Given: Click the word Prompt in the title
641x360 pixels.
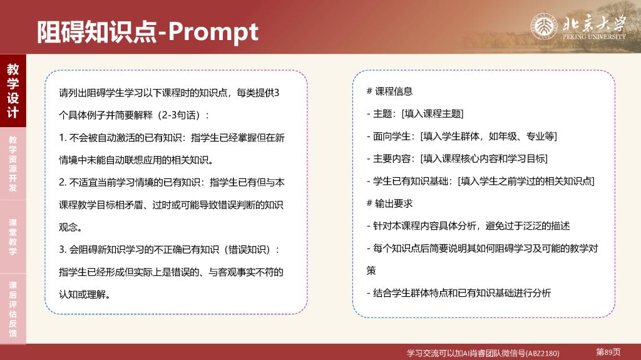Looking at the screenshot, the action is point(213,32).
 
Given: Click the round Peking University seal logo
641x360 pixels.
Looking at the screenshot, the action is point(544,26).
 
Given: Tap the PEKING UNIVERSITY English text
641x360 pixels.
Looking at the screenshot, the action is point(594,36).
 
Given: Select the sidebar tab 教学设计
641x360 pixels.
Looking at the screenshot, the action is point(13,90).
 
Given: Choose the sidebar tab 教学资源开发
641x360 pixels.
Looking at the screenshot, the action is point(13,163).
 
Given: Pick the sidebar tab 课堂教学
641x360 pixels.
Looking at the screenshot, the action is point(13,237).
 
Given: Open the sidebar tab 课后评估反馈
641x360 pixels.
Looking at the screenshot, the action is point(13,309).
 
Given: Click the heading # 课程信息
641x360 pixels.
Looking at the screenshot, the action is point(389,91).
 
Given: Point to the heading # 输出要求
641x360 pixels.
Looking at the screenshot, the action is point(389,203).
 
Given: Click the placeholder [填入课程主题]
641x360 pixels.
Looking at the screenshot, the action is point(433,114).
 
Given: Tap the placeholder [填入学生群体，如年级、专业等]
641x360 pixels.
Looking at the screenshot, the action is point(488,136).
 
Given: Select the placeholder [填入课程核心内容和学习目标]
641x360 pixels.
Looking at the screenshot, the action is point(484,159).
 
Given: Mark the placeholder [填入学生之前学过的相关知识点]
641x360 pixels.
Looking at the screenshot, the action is point(526,181).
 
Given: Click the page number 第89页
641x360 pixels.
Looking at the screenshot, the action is point(608,352).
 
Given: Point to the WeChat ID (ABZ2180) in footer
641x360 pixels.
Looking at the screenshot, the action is point(543,353).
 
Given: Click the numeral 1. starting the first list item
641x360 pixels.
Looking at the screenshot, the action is point(63,138).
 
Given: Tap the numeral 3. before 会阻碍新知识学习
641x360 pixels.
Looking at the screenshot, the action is point(63,250).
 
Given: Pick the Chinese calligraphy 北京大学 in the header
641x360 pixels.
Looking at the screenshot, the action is point(594,23).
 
